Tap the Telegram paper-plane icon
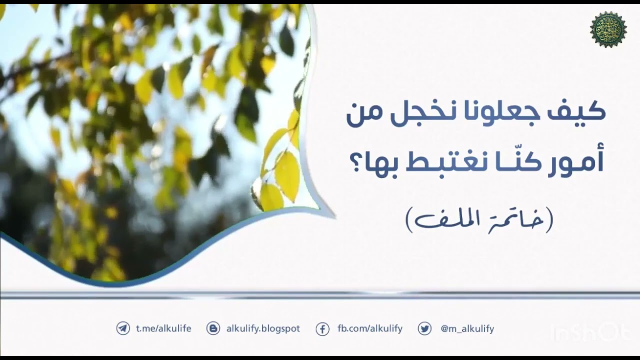click(x=123, y=328)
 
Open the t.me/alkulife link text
click(x=163, y=328)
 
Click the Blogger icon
click(x=213, y=328)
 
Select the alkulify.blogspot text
click(x=263, y=328)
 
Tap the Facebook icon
click(x=323, y=329)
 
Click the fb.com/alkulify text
click(x=370, y=328)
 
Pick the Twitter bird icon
click(x=425, y=328)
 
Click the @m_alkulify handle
click(x=467, y=328)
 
